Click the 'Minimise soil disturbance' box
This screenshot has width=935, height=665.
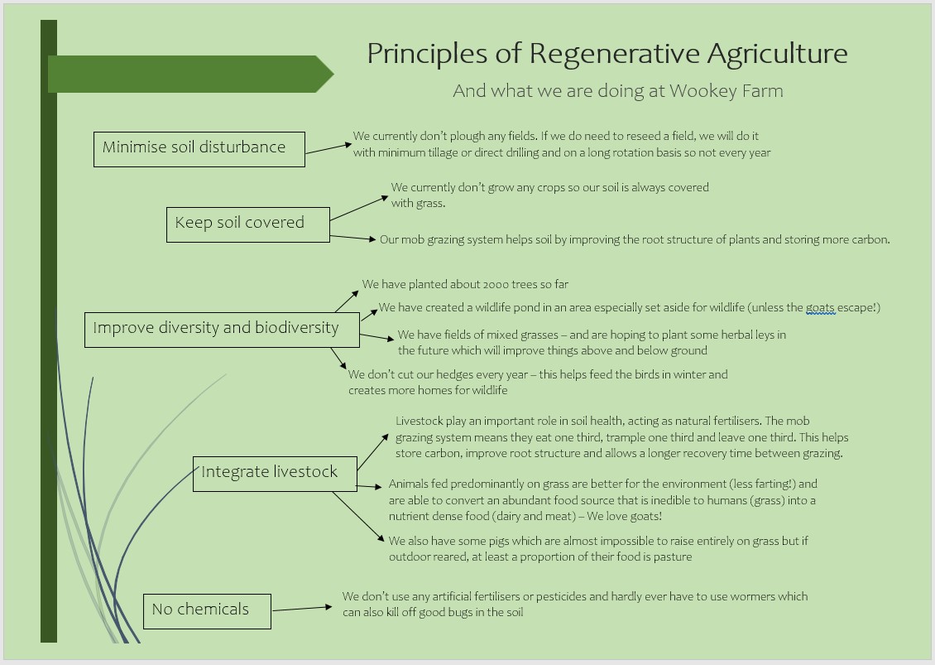(199, 149)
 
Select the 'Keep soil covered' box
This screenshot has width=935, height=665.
(248, 224)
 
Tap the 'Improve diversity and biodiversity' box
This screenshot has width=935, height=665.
(222, 330)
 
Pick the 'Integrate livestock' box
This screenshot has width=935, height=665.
(275, 474)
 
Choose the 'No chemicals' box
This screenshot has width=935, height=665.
(207, 611)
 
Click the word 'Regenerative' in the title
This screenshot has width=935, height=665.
(614, 55)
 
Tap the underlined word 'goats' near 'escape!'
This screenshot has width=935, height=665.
(820, 308)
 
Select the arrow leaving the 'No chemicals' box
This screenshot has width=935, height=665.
(302, 609)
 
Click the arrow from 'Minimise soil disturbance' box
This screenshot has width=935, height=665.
(328, 148)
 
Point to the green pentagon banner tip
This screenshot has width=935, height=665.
(333, 74)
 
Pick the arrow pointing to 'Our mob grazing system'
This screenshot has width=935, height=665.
(353, 238)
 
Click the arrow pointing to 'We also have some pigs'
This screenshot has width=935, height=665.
(358, 517)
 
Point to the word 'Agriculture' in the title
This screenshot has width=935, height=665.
(778, 55)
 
